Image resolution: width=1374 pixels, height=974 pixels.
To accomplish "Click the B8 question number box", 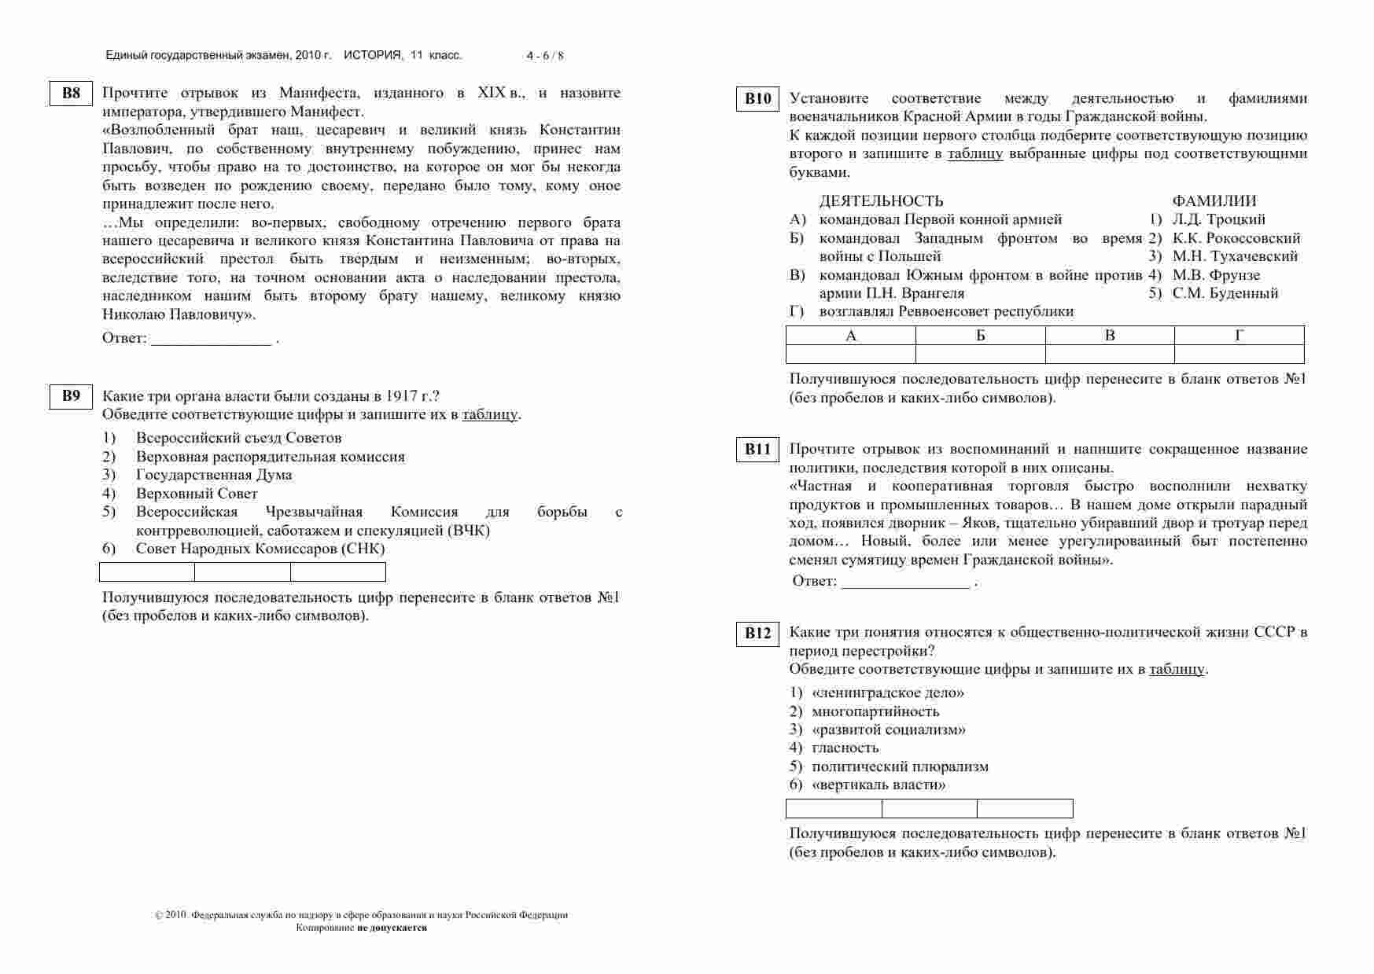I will click(71, 94).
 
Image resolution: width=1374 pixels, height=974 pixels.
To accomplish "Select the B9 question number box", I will click(71, 396).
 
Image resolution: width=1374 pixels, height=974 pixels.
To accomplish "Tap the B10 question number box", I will click(757, 99).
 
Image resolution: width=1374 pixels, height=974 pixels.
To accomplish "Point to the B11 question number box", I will click(757, 450).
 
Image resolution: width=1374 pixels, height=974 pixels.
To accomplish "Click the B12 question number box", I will click(757, 634).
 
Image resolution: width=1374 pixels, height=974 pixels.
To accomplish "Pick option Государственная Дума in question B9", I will click(213, 475).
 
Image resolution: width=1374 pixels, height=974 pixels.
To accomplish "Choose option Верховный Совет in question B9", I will click(197, 494).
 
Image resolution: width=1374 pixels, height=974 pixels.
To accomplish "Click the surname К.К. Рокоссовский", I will click(1236, 238).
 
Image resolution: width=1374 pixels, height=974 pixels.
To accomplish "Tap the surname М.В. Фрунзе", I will click(1215, 275).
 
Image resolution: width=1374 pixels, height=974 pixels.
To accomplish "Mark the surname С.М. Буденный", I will click(1225, 293).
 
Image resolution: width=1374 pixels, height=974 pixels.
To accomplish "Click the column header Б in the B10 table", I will click(980, 336).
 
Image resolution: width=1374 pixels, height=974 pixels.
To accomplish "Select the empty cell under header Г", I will click(1239, 354).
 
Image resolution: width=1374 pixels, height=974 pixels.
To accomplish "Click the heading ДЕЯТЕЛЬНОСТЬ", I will click(881, 201).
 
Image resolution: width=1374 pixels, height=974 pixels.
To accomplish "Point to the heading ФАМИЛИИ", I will click(1214, 201).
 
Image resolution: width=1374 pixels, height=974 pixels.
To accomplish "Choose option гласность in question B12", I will click(845, 748).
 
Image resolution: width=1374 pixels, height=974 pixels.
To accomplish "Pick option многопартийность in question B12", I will click(875, 711).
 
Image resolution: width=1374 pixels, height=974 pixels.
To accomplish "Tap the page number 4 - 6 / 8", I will click(545, 56).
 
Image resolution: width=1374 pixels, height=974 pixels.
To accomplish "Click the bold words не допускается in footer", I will click(392, 928).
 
